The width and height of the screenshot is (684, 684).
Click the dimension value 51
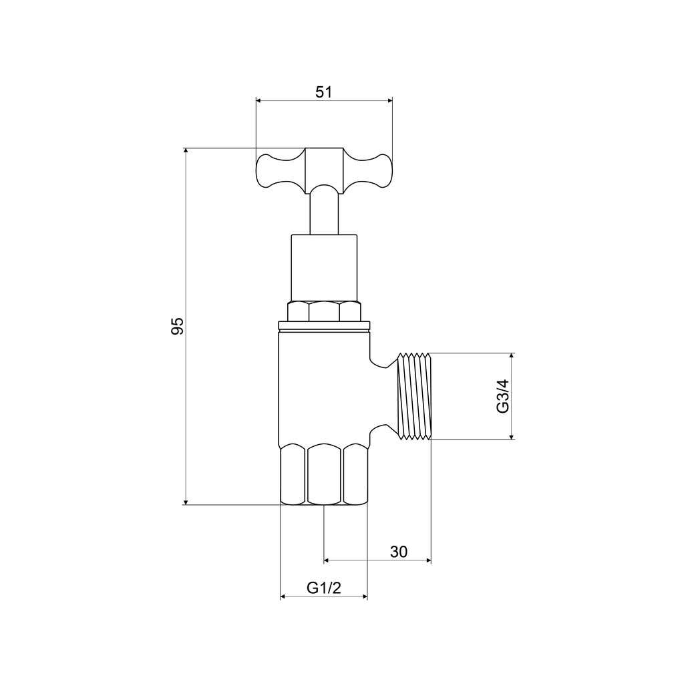coord(324,92)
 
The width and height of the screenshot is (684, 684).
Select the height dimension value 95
coord(178,326)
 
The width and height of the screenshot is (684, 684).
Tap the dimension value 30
coord(399,552)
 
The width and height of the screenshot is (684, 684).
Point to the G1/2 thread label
coord(324,588)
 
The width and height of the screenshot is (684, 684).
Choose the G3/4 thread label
coord(503,396)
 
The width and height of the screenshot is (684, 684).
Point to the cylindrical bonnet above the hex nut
coord(324,269)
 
